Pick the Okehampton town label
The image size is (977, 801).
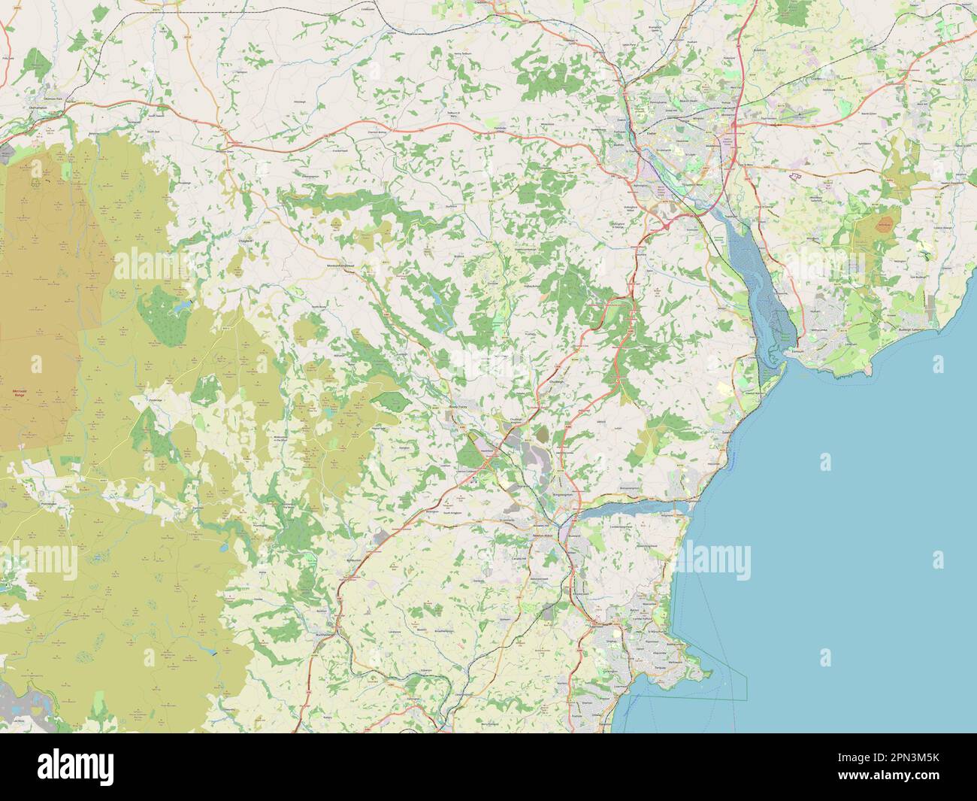40,108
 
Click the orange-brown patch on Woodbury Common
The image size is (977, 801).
885,223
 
